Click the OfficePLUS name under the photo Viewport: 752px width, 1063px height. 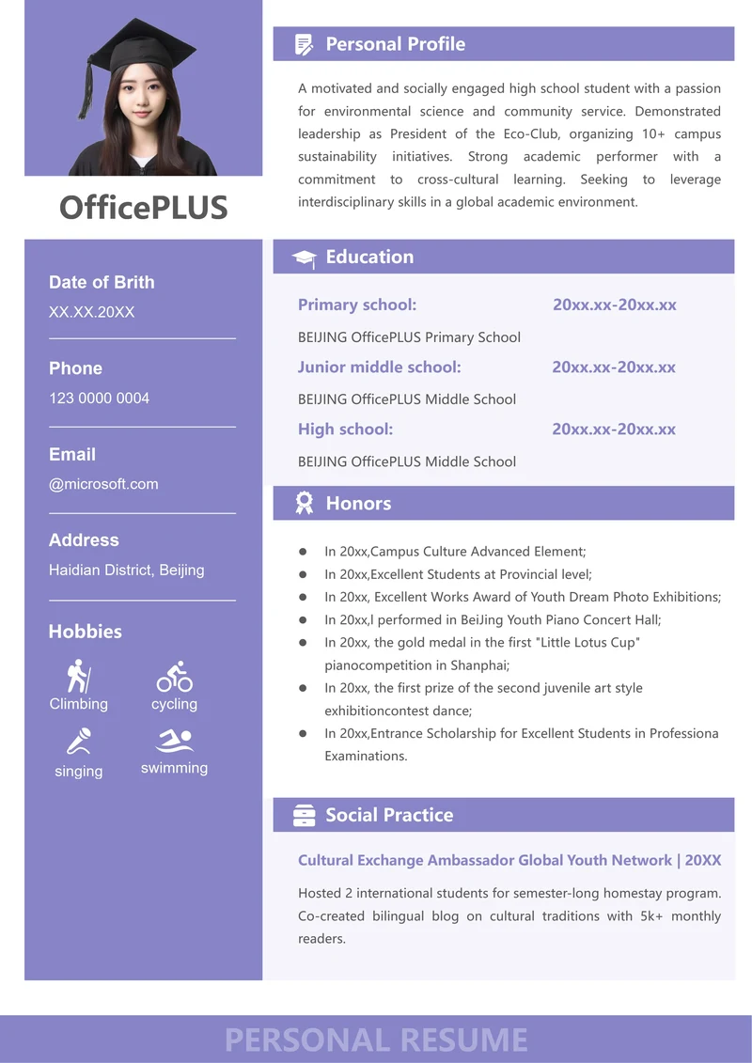tap(143, 208)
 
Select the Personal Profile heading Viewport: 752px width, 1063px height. tap(395, 44)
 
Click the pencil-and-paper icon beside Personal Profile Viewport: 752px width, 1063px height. tap(304, 44)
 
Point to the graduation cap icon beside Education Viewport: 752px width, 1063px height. tap(304, 258)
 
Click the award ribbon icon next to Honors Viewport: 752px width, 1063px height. tap(304, 504)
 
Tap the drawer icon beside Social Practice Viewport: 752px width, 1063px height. tap(304, 815)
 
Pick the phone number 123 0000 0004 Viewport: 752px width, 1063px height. tap(99, 399)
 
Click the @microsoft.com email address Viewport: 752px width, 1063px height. tap(103, 484)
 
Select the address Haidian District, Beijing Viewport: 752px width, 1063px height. tap(126, 570)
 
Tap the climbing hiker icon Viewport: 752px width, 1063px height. tap(78, 676)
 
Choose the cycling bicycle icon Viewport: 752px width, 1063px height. tap(174, 676)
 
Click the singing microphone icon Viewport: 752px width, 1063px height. tap(78, 743)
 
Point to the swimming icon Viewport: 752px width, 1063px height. tap(174, 741)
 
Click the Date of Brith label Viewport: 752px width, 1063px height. tap(102, 282)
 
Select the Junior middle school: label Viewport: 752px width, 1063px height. tap(379, 367)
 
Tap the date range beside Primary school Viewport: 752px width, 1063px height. tap(614, 305)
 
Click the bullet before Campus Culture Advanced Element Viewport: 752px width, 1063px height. tap(303, 552)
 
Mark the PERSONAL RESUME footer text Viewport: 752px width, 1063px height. tap(376, 1040)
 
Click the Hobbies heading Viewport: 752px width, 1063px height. tap(85, 632)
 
